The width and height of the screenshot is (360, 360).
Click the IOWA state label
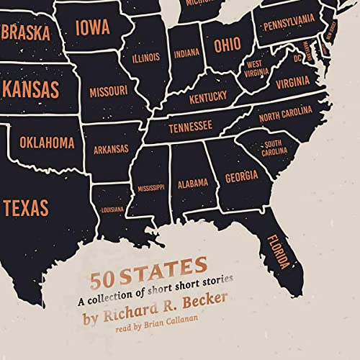pyautogui.click(x=94, y=28)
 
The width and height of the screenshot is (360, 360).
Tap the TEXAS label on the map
pyautogui.click(x=25, y=208)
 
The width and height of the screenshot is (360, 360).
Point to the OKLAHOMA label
pyautogui.click(x=47, y=143)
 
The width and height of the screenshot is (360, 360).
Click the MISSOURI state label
pyautogui.click(x=109, y=92)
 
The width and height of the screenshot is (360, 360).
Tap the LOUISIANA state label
pyautogui.click(x=113, y=210)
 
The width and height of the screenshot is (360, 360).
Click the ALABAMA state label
pyautogui.click(x=193, y=182)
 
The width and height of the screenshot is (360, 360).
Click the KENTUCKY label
pyautogui.click(x=208, y=96)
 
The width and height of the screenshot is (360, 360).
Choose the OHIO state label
pyautogui.click(x=228, y=45)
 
